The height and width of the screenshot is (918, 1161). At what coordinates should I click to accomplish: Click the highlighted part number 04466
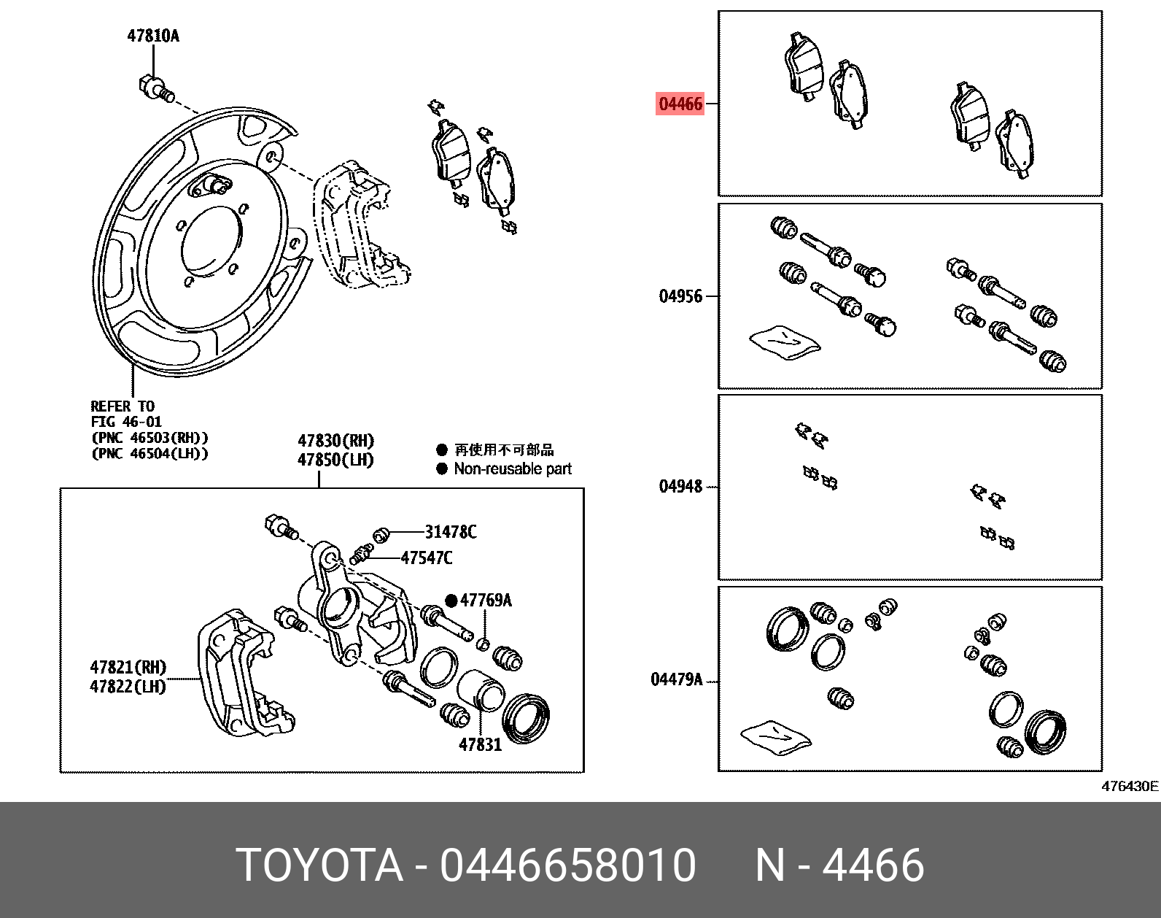[680, 104]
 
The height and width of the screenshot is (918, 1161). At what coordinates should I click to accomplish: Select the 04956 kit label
[680, 296]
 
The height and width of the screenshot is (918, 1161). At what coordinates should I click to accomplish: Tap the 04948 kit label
[680, 487]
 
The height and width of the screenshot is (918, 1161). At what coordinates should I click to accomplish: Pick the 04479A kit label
[676, 680]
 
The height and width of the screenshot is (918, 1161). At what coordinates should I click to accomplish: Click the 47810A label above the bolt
[153, 36]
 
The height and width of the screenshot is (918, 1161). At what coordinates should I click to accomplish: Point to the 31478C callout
[451, 533]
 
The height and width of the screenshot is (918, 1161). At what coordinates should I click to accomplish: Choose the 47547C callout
[426, 558]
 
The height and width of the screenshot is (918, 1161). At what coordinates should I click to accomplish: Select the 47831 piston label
[480, 745]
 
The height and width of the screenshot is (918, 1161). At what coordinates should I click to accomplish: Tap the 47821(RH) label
[128, 667]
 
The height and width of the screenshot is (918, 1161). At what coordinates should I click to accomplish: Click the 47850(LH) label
[335, 460]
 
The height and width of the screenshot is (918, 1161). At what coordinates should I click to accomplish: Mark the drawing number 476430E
[1129, 787]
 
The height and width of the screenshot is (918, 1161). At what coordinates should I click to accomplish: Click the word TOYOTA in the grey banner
[320, 865]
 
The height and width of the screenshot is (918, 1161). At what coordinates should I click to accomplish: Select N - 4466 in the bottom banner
[839, 865]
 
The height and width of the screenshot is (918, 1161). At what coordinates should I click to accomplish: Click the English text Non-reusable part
[512, 469]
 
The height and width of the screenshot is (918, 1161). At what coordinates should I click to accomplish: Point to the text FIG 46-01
[126, 422]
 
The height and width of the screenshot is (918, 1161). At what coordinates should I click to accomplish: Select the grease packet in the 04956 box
[785, 342]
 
